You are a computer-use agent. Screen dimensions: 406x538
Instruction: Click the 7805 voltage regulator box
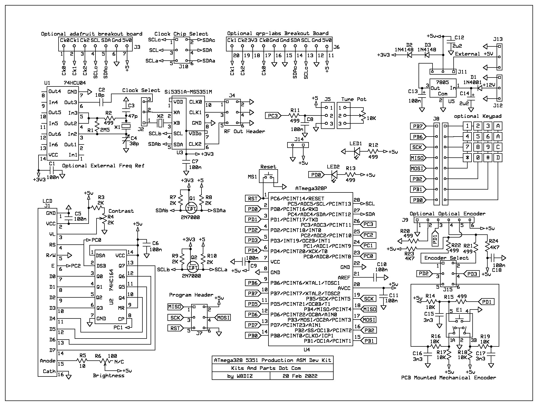pyautogui.click(x=443, y=88)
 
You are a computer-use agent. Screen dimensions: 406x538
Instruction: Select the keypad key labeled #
pyautogui.click(x=488, y=158)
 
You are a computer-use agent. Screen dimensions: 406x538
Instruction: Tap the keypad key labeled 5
pyautogui.click(x=478, y=137)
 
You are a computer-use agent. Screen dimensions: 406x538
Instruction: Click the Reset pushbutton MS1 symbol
pyautogui.click(x=268, y=176)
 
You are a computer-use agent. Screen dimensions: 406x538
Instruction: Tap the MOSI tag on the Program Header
pyautogui.click(x=223, y=318)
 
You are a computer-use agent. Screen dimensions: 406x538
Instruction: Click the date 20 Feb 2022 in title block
pyautogui.click(x=300, y=376)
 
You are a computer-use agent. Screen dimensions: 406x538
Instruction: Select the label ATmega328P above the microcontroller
pyautogui.click(x=311, y=188)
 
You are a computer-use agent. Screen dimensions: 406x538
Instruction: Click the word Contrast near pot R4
pyautogui.click(x=121, y=211)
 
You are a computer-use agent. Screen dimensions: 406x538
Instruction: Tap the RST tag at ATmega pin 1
pyautogui.click(x=253, y=198)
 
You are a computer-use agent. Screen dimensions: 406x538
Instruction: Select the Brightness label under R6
pyautogui.click(x=108, y=375)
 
